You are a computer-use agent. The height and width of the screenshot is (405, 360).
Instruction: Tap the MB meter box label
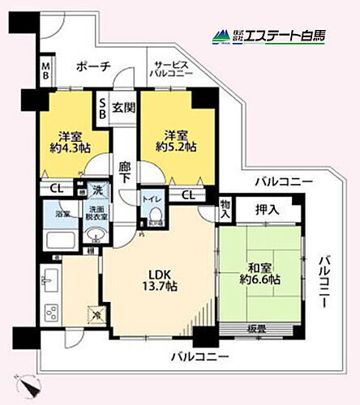[46, 71]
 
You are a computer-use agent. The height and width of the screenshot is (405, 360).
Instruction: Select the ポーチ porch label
[94, 67]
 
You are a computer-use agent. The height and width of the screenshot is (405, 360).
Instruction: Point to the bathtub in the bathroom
[62, 241]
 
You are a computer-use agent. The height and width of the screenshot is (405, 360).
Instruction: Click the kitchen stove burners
[50, 311]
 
